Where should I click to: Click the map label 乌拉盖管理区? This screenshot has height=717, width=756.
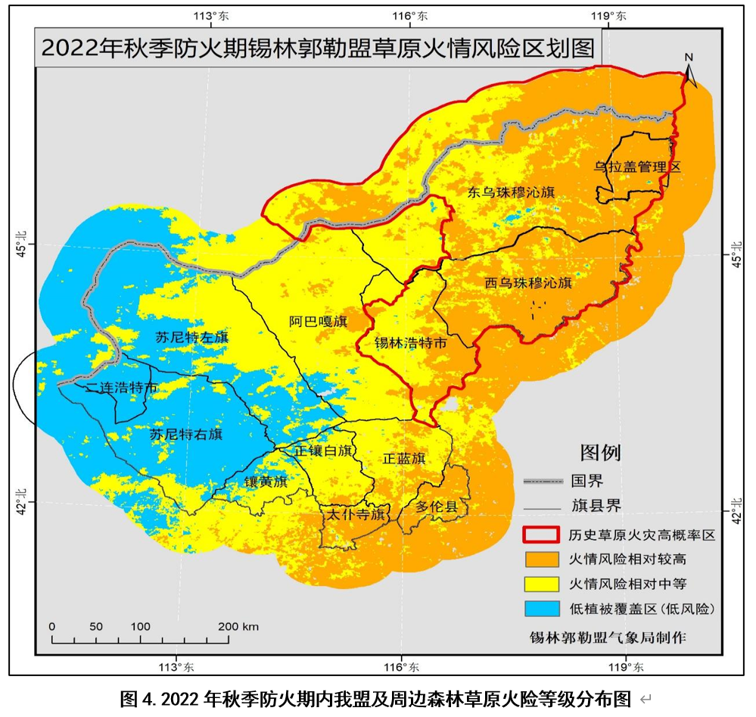[x=637, y=167]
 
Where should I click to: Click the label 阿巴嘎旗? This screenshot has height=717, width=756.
[x=317, y=321]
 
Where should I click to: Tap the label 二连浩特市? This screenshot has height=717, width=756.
[x=121, y=388]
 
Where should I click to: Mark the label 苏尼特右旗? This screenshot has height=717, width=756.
[x=186, y=435]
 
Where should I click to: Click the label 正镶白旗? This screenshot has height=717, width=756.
[x=324, y=451]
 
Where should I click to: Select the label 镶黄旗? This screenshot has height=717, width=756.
[x=266, y=482]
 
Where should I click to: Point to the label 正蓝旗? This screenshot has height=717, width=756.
[x=403, y=459]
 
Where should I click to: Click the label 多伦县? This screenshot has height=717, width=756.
[x=437, y=507]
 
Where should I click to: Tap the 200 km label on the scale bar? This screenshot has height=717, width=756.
[x=239, y=626]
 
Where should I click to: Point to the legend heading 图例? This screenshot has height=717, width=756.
[x=600, y=453]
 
